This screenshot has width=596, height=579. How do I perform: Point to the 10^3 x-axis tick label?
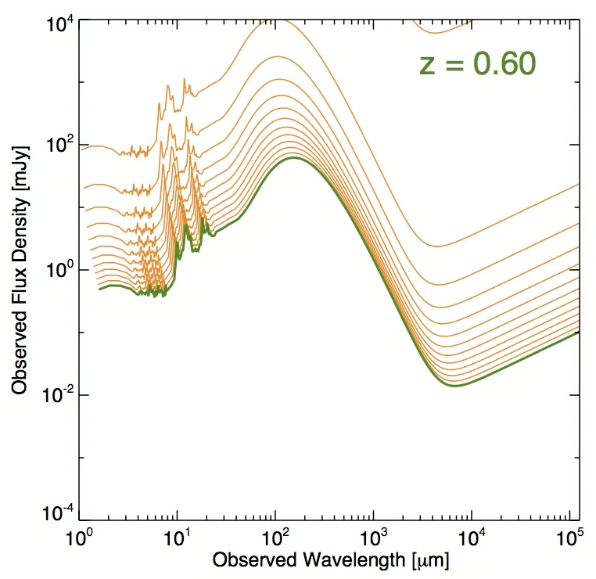tap(373, 540)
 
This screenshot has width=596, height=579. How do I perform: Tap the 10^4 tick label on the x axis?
tap(472, 540)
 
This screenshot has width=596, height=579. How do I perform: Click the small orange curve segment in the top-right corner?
tap(442, 31)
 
